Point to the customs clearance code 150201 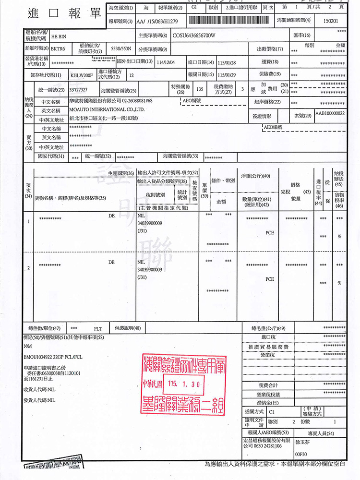tap(331, 22)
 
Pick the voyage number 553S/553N tap(121, 49)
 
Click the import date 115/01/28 tap(228, 62)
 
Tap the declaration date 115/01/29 tap(228, 75)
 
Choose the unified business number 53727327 tap(78, 90)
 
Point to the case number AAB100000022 tap(330, 114)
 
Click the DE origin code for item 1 tap(111, 216)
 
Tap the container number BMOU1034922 tap(40, 357)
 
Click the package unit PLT tap(98, 329)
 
